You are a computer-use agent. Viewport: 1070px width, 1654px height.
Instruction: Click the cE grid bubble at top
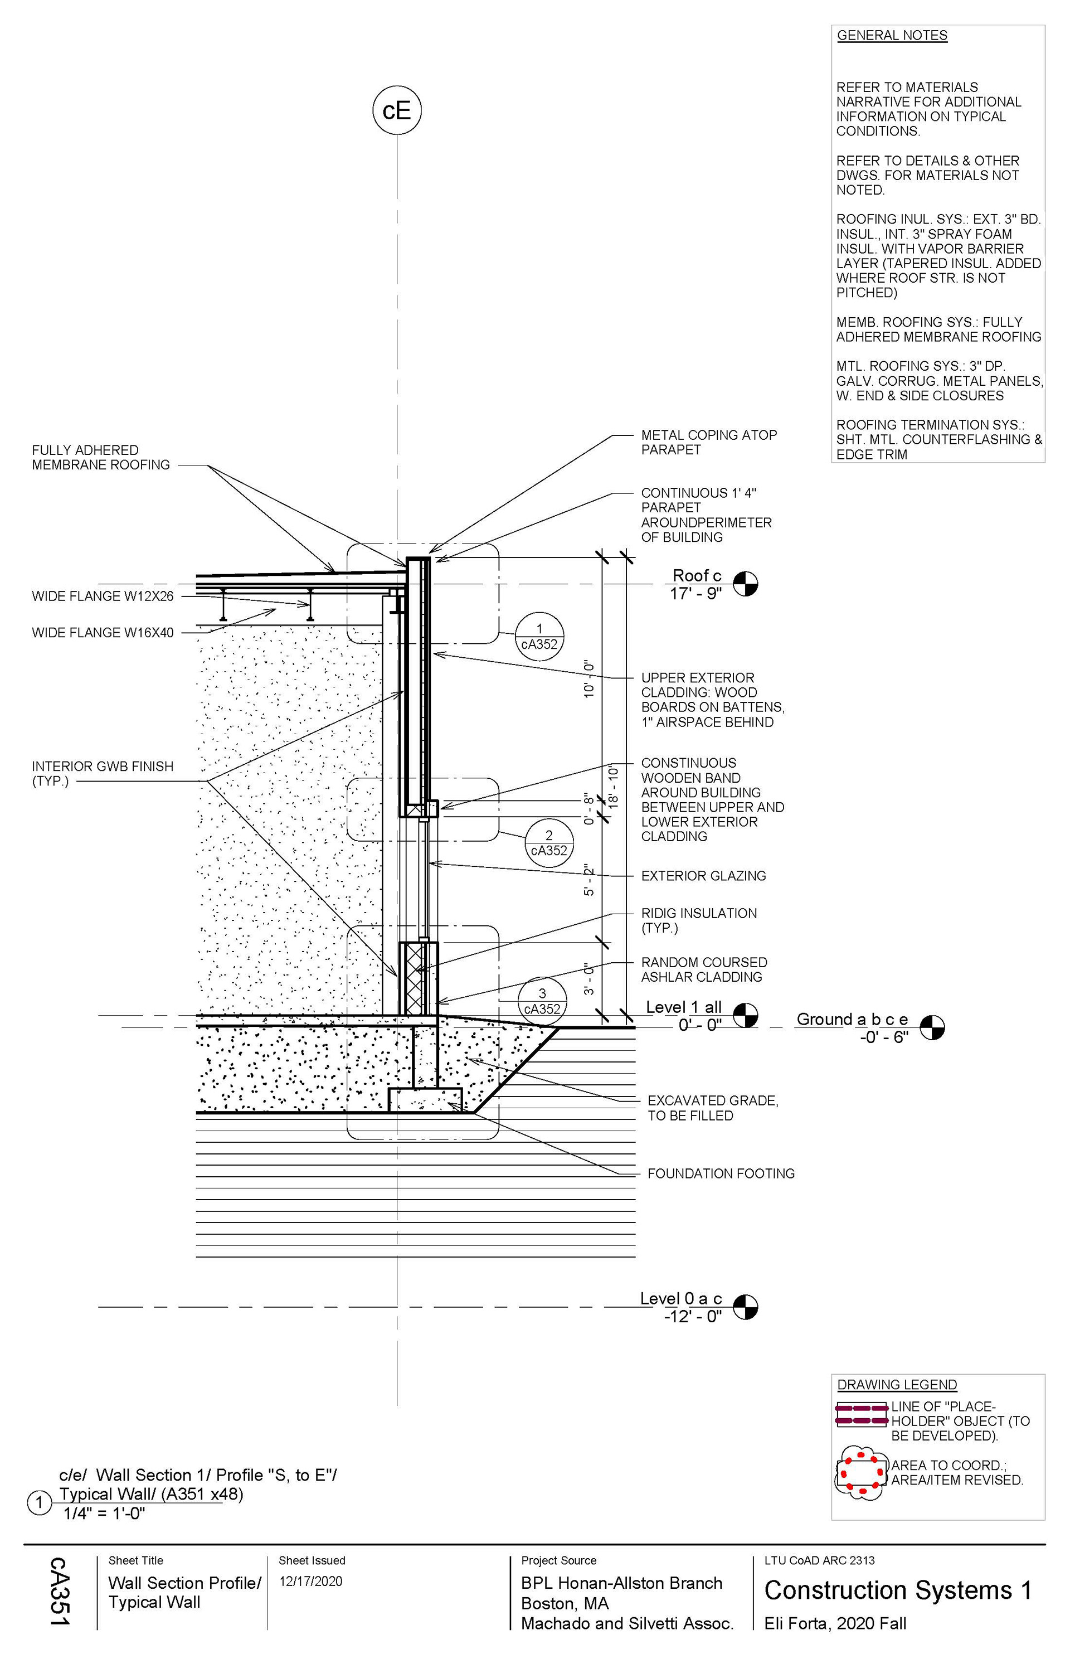tap(397, 110)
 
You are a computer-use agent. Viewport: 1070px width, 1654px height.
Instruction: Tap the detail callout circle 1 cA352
tap(539, 637)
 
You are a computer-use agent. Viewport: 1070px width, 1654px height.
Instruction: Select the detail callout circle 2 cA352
tap(549, 843)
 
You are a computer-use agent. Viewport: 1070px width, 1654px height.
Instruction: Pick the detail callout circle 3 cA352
tap(542, 1001)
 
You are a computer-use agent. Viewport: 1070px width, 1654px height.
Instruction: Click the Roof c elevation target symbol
tap(746, 584)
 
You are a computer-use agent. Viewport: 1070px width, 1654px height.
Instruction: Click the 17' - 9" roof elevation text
tap(695, 594)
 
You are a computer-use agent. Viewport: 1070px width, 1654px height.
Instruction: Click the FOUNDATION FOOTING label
tap(721, 1173)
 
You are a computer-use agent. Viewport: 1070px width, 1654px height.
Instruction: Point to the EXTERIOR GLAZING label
tap(703, 876)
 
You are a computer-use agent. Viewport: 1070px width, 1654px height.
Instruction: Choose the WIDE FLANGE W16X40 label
tap(103, 632)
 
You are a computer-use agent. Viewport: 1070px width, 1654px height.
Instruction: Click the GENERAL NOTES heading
tap(892, 36)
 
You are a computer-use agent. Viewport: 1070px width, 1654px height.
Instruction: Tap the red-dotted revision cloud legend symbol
tap(862, 1473)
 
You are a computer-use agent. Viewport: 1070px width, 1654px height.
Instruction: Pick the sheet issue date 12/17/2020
tap(310, 1582)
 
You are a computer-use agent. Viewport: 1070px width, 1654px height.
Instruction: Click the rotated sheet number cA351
tap(60, 1592)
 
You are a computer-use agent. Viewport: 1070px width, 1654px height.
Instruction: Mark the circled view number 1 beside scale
tap(39, 1503)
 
